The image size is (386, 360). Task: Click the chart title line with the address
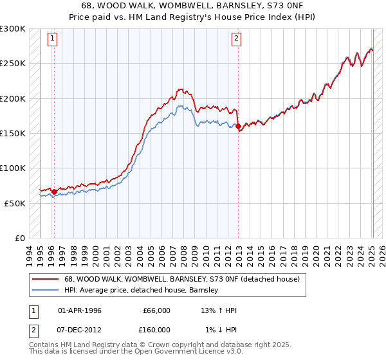(x=193, y=6)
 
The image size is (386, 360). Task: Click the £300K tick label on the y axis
(x=13, y=29)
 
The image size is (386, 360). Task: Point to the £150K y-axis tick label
(x=13, y=133)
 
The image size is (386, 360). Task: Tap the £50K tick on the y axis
(x=15, y=203)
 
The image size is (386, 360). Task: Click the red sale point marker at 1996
(x=54, y=192)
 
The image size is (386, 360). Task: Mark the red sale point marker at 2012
(x=238, y=126)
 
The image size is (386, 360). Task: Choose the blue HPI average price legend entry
(x=142, y=291)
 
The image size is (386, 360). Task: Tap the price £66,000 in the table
(x=156, y=310)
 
